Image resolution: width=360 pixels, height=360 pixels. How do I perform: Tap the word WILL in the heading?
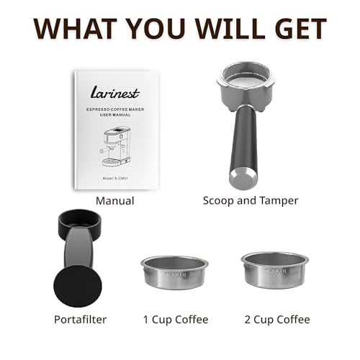point(226,28)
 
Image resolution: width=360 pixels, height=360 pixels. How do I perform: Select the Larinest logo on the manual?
point(114,93)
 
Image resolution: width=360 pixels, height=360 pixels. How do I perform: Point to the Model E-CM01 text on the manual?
point(114,176)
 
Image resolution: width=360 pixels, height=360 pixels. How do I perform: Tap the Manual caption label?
point(114,201)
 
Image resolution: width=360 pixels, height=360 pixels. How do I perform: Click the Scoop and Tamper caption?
point(251,201)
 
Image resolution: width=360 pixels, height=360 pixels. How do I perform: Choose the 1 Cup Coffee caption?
point(175,319)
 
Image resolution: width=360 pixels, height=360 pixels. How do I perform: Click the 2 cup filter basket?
point(275,269)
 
